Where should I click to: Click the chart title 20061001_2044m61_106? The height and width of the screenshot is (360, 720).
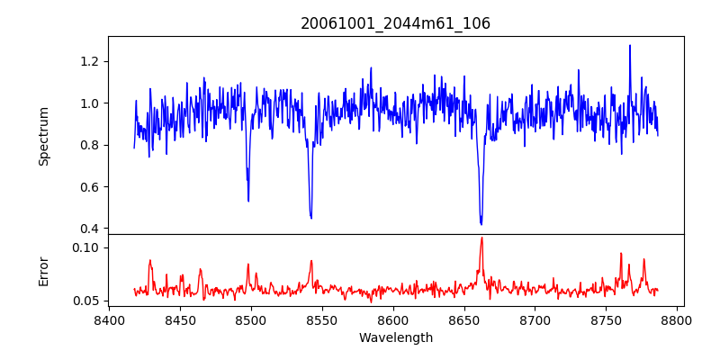395,23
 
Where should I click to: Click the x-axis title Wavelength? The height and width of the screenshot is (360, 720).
395,338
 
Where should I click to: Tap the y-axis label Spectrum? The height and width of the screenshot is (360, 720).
43,135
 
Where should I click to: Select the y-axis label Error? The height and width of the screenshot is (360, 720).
43,270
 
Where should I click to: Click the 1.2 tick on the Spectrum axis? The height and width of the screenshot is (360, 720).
90,61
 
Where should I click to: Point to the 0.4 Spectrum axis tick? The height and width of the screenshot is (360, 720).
90,229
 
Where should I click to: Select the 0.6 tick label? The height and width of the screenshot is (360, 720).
90,187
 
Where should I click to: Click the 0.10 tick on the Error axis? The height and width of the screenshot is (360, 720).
86,247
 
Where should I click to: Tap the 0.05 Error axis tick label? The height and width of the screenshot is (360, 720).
86,301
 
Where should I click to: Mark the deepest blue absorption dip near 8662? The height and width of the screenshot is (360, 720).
481,224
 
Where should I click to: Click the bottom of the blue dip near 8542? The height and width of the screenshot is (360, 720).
310,218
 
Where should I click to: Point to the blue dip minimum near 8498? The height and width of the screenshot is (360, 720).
248,201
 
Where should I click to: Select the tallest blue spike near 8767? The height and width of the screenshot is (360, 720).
630,46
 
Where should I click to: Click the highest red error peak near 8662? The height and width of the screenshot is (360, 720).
481,238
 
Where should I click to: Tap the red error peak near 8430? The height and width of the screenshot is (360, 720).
150,260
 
